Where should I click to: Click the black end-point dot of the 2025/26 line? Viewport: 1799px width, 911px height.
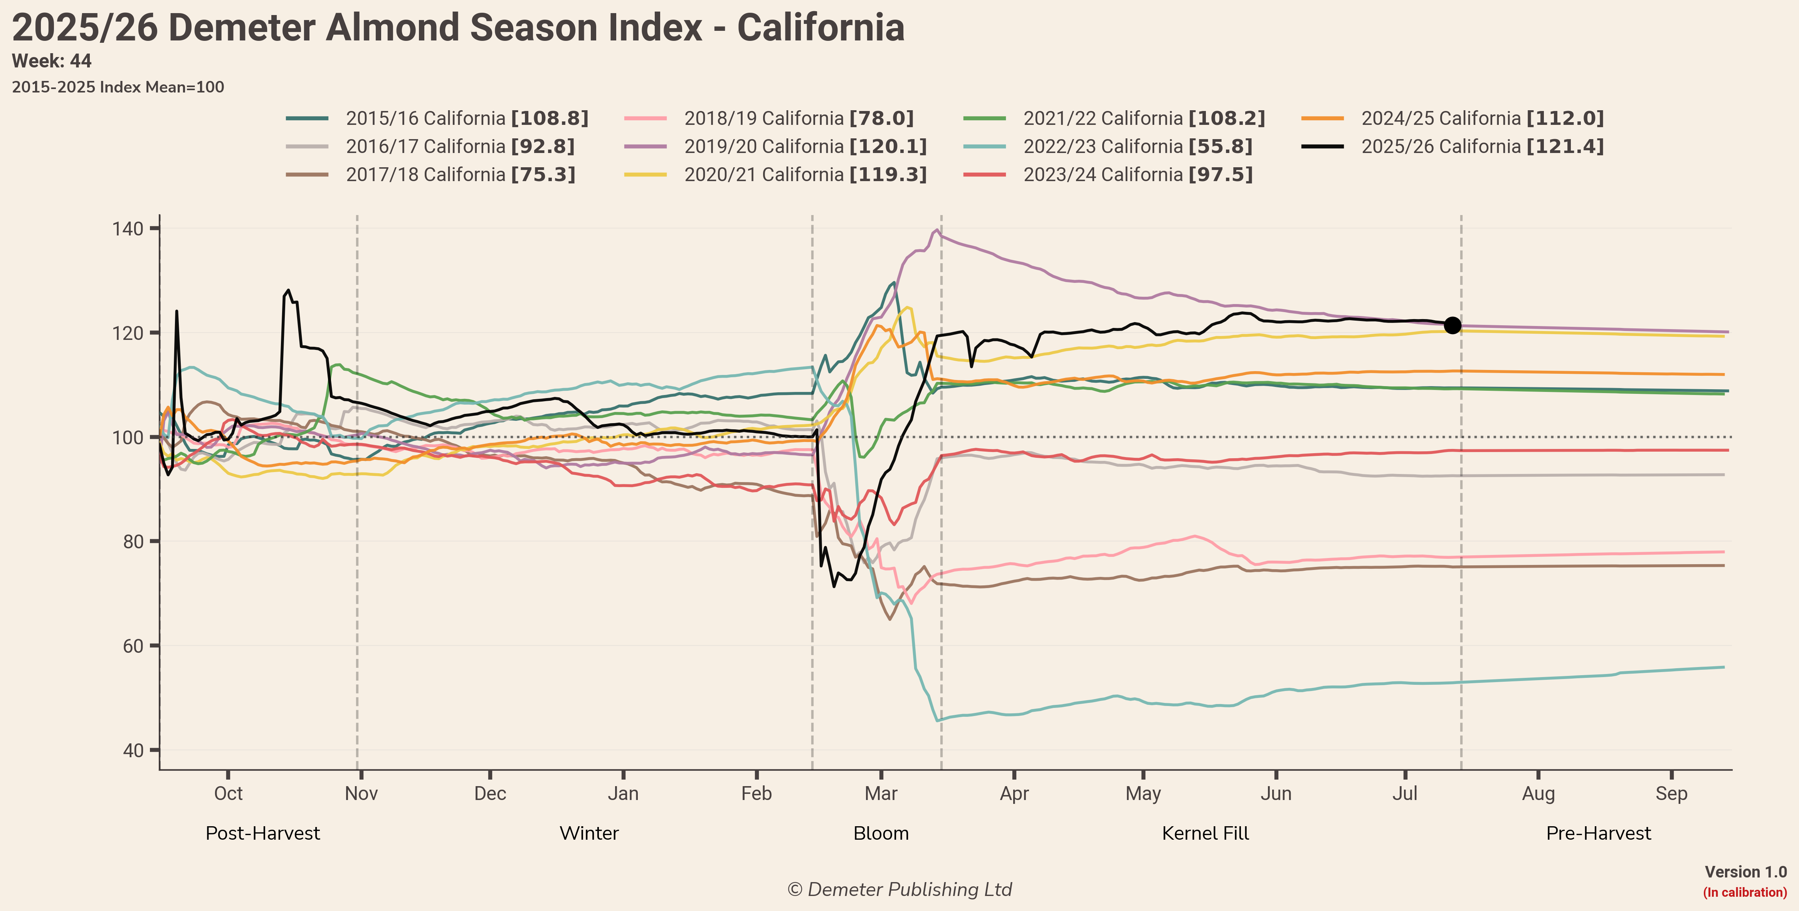(1452, 325)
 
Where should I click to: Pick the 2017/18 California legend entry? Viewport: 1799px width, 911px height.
(431, 175)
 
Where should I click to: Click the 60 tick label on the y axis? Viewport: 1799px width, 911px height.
(133, 646)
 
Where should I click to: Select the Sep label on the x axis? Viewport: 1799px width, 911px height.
(1671, 794)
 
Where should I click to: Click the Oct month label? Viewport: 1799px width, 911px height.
(229, 794)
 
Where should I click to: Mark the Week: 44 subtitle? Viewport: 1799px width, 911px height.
(52, 61)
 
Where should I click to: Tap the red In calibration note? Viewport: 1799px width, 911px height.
(1745, 892)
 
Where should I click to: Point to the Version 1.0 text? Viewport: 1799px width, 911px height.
(1746, 872)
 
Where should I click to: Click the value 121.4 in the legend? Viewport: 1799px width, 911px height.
(1565, 146)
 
